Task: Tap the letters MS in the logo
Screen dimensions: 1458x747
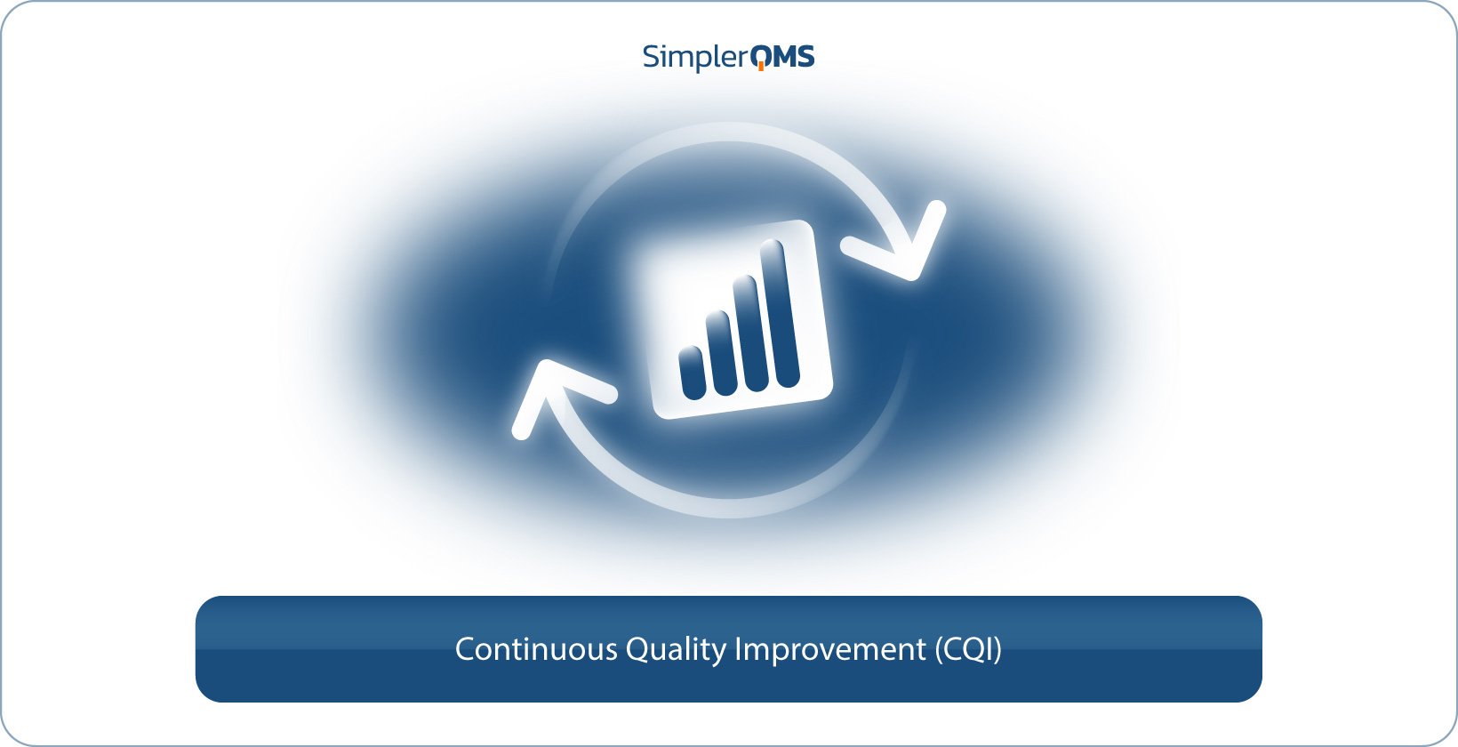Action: pyautogui.click(x=794, y=57)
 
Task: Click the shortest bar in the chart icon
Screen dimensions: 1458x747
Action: pyautogui.click(x=692, y=373)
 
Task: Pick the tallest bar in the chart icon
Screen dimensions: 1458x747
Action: pyautogui.click(x=779, y=313)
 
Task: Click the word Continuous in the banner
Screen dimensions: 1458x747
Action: pyautogui.click(x=536, y=649)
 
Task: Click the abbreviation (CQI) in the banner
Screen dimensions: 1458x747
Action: pyautogui.click(x=968, y=650)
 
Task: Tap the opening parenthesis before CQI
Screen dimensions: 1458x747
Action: pyautogui.click(x=939, y=650)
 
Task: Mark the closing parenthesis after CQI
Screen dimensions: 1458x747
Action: pyautogui.click(x=997, y=650)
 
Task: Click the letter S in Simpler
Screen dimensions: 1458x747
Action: pyautogui.click(x=652, y=56)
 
